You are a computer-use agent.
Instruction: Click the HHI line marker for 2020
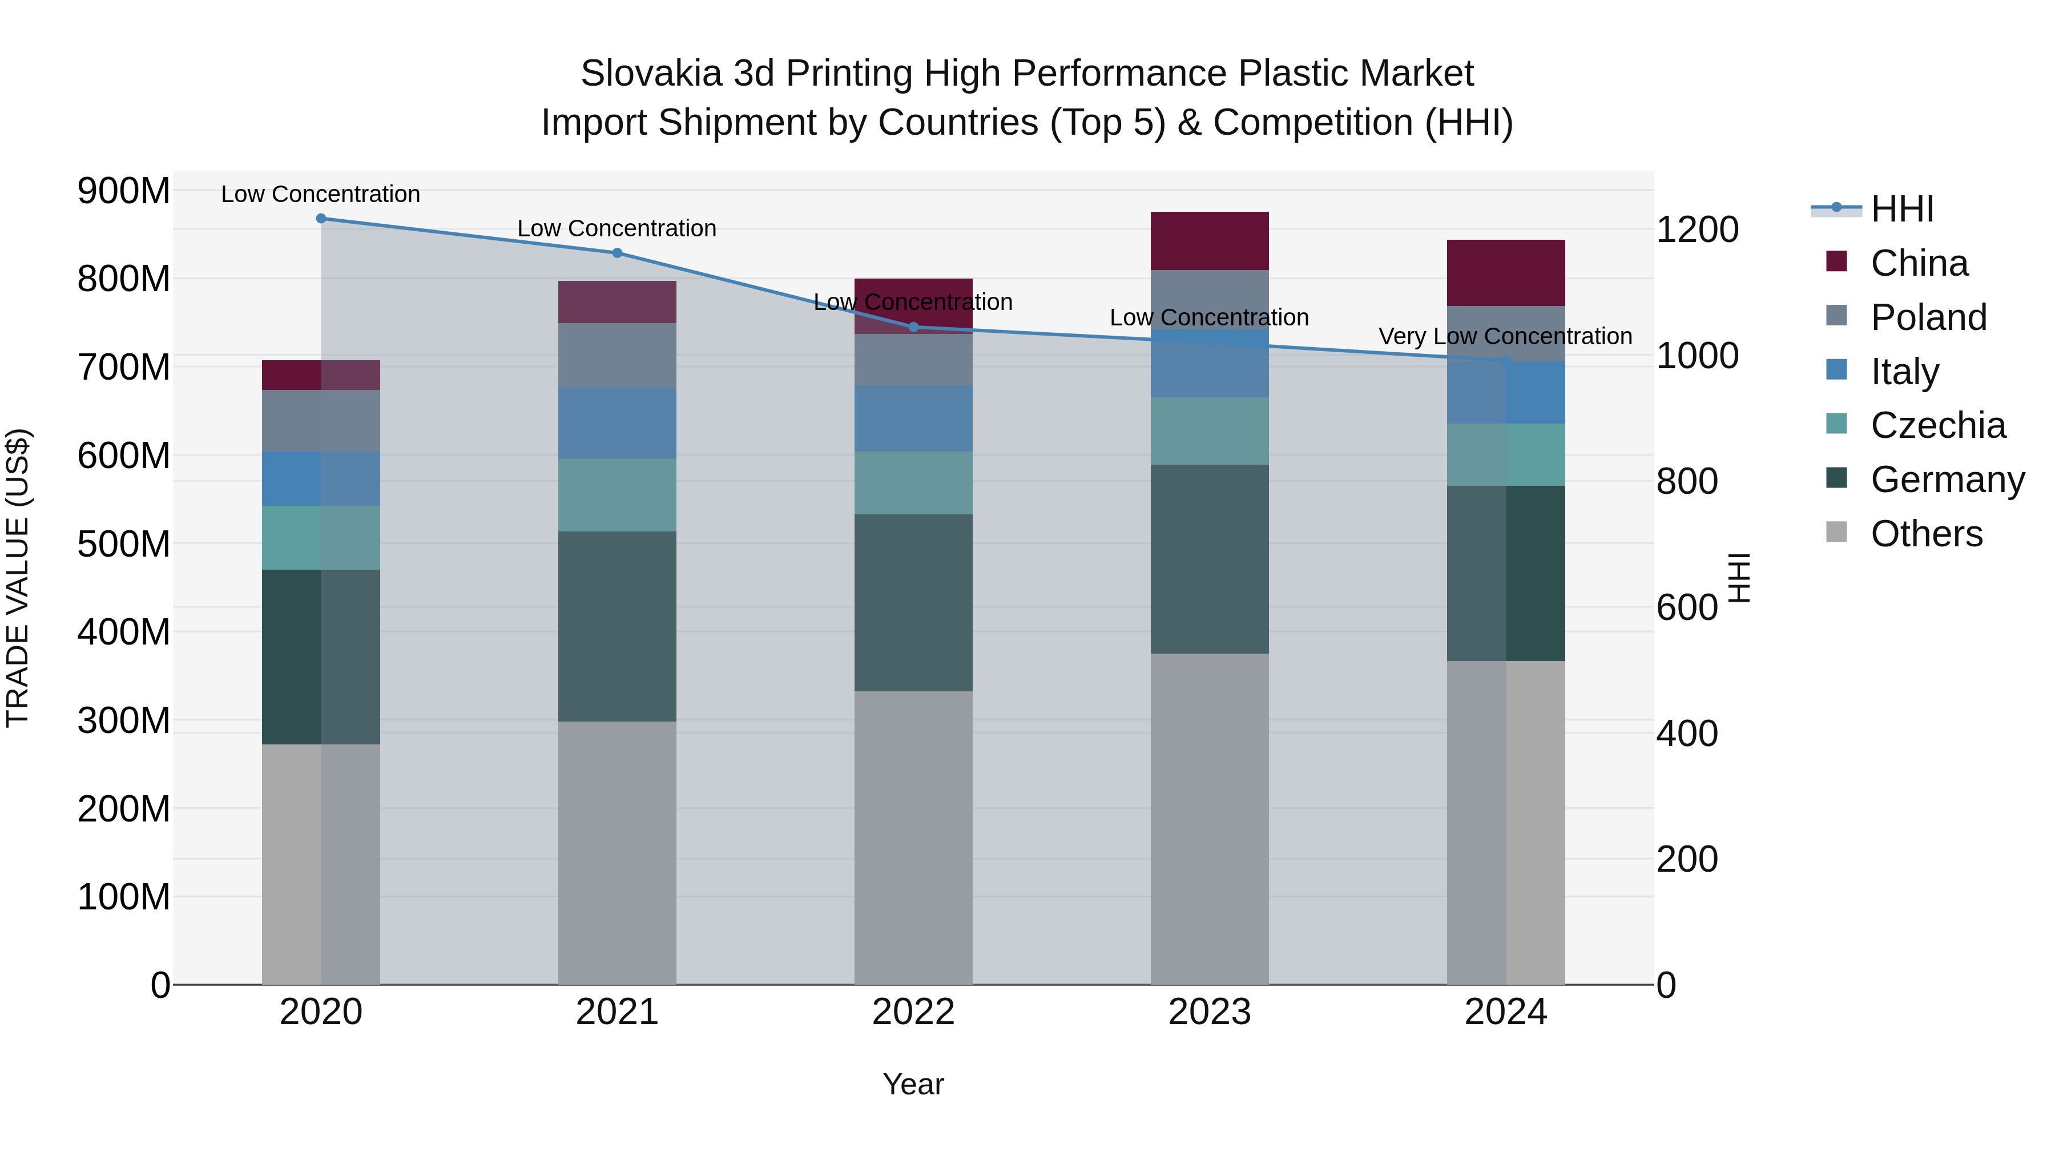tap(321, 218)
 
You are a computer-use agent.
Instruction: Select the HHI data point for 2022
tap(913, 327)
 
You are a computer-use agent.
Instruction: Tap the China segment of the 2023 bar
tap(1210, 241)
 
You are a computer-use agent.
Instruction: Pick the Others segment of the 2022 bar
tap(913, 837)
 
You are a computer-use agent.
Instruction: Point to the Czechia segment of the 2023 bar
tap(1210, 431)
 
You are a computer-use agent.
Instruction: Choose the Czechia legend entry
tap(1937, 425)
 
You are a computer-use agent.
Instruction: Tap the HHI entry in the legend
tap(1902, 209)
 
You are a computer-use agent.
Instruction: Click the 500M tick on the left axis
tap(124, 544)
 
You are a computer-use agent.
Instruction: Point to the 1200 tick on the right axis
tap(1698, 229)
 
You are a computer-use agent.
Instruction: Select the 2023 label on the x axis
tap(1210, 1012)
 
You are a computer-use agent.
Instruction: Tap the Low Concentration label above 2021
tap(616, 228)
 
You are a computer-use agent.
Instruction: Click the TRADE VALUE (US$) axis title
tap(18, 578)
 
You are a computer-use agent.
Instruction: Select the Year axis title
tap(913, 1084)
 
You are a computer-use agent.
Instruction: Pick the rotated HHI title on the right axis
tap(1739, 578)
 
